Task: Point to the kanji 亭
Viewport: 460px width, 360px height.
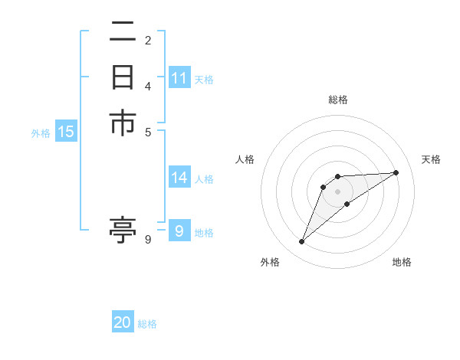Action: click(123, 231)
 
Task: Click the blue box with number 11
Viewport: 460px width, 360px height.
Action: click(179, 78)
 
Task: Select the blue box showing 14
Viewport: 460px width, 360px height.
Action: click(179, 178)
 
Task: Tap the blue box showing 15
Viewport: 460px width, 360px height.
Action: click(66, 132)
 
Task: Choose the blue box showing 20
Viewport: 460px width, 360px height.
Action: click(123, 322)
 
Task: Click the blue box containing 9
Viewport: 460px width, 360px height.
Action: click(179, 231)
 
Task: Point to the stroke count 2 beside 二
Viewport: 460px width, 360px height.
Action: click(148, 41)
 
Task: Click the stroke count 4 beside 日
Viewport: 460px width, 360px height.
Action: click(148, 86)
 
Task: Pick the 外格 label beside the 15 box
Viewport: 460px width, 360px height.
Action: click(41, 133)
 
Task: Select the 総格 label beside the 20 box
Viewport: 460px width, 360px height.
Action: click(147, 324)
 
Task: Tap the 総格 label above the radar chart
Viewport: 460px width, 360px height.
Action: click(337, 100)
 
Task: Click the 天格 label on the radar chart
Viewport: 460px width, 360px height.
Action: click(431, 159)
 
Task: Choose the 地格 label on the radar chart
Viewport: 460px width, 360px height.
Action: click(402, 262)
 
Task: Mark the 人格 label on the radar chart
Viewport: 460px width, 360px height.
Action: click(245, 159)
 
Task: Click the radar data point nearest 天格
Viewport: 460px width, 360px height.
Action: click(396, 172)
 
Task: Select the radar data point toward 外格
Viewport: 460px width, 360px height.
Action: click(302, 242)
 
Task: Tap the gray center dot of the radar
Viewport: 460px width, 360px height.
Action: click(337, 191)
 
